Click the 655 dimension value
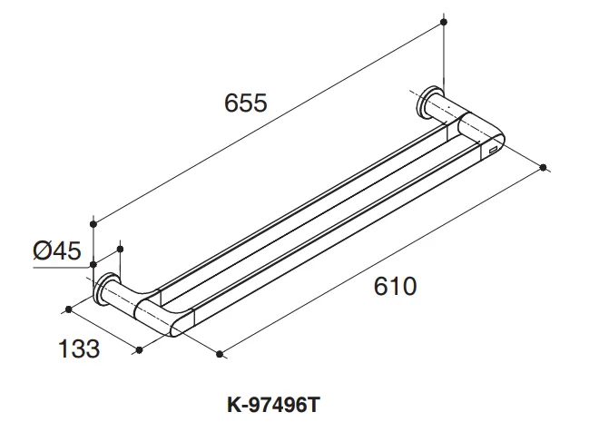246,103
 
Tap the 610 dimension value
395,287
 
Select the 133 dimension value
79,348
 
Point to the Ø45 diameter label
57,250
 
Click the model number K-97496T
273,405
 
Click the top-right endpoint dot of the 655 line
444,22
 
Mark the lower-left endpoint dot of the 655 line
93,224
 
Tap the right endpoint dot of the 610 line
544,167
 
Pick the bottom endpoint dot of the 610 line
220,355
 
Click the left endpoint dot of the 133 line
69,309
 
